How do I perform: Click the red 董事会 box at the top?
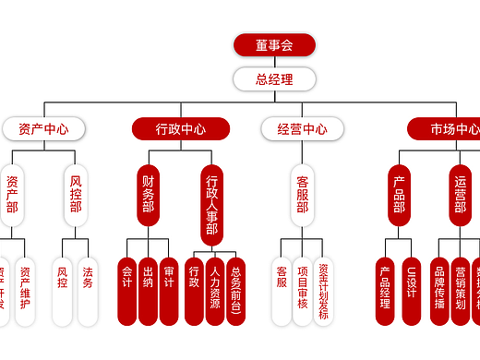click(274, 45)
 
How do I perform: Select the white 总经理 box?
click(274, 79)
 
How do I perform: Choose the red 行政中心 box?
click(181, 129)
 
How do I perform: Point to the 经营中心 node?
click(302, 129)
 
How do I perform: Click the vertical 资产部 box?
click(12, 195)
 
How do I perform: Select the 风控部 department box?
click(76, 195)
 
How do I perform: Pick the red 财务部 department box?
click(148, 195)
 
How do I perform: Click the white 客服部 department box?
click(302, 195)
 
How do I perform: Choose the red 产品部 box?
click(399, 195)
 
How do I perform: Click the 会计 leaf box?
click(127, 290)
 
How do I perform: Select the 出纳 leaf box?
click(148, 290)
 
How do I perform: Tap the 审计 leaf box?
click(168, 290)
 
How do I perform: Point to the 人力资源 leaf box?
click(215, 290)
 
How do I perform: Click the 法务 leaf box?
click(88, 290)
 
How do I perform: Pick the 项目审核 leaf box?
click(302, 290)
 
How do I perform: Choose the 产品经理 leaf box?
click(386, 290)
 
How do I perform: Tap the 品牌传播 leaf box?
click(440, 290)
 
